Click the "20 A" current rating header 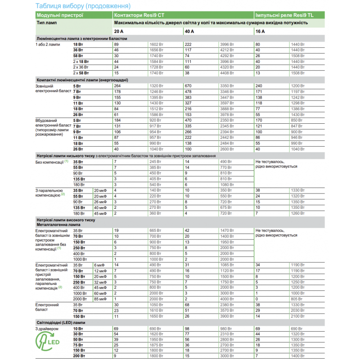pos(118,31)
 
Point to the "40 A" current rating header pos(189,31)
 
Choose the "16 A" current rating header pos(260,31)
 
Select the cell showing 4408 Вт pos(227,72)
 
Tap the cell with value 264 pos(118,85)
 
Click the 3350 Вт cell pos(227,85)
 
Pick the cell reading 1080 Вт pos(227,184)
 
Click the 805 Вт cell pos(297,299)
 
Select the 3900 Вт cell pos(227,317)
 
